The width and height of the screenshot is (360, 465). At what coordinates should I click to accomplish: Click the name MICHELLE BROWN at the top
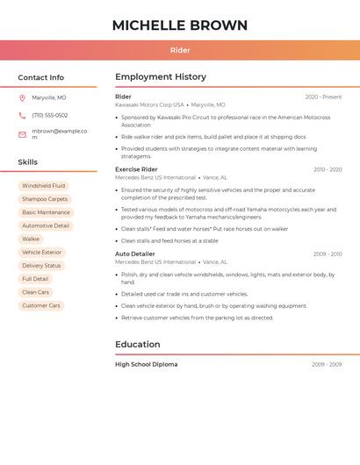click(x=179, y=25)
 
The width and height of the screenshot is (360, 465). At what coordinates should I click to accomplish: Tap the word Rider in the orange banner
click(x=179, y=51)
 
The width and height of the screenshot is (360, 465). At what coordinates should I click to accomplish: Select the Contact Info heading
click(x=41, y=77)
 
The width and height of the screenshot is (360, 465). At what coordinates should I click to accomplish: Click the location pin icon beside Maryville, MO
click(x=22, y=98)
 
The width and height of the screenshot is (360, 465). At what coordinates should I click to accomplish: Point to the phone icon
click(x=22, y=116)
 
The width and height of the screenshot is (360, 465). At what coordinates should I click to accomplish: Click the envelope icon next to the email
click(x=22, y=134)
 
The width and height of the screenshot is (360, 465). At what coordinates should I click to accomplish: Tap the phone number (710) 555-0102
click(x=50, y=116)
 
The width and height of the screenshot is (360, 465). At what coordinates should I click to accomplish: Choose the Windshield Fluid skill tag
click(x=43, y=186)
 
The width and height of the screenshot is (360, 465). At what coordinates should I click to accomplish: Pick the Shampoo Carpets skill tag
click(x=45, y=199)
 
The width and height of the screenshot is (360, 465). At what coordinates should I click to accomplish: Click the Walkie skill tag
click(x=31, y=239)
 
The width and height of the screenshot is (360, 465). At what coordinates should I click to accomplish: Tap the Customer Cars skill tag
click(x=41, y=305)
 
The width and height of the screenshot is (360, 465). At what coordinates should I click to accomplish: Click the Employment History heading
click(x=161, y=77)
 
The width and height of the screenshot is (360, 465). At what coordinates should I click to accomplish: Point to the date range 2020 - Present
click(x=323, y=97)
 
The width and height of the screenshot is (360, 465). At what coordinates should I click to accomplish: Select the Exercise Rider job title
click(x=136, y=169)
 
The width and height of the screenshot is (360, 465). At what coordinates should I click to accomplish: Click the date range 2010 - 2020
click(x=328, y=169)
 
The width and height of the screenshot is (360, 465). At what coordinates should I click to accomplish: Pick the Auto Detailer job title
click(x=135, y=254)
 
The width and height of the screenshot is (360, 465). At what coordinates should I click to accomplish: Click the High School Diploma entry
click(x=146, y=364)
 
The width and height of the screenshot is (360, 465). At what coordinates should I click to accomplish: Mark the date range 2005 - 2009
click(x=327, y=364)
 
